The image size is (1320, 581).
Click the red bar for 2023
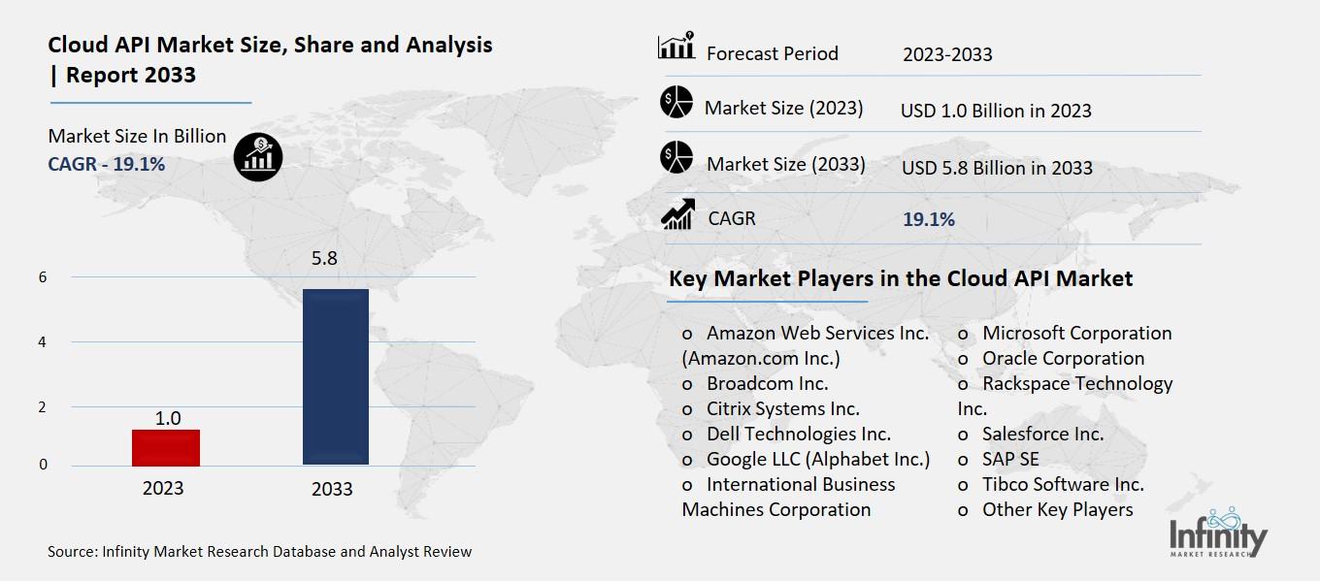(x=165, y=447)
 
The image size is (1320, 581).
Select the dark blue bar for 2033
(x=335, y=376)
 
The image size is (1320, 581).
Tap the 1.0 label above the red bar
(x=168, y=418)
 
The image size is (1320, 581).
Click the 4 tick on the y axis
(x=43, y=342)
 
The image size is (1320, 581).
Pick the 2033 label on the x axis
(x=332, y=489)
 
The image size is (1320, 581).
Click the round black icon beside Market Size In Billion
(x=258, y=155)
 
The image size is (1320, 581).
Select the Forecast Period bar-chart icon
(x=676, y=47)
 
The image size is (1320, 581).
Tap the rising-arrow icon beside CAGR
(x=676, y=214)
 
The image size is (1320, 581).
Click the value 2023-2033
(x=947, y=54)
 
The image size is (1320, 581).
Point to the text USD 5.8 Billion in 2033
(x=997, y=168)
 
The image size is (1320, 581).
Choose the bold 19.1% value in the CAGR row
(x=929, y=219)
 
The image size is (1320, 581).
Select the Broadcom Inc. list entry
(x=767, y=383)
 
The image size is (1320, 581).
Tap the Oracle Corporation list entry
(x=1063, y=358)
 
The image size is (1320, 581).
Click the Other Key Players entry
(x=1057, y=509)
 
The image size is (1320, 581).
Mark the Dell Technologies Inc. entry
(x=798, y=434)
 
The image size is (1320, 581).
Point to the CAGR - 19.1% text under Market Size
(x=107, y=164)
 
